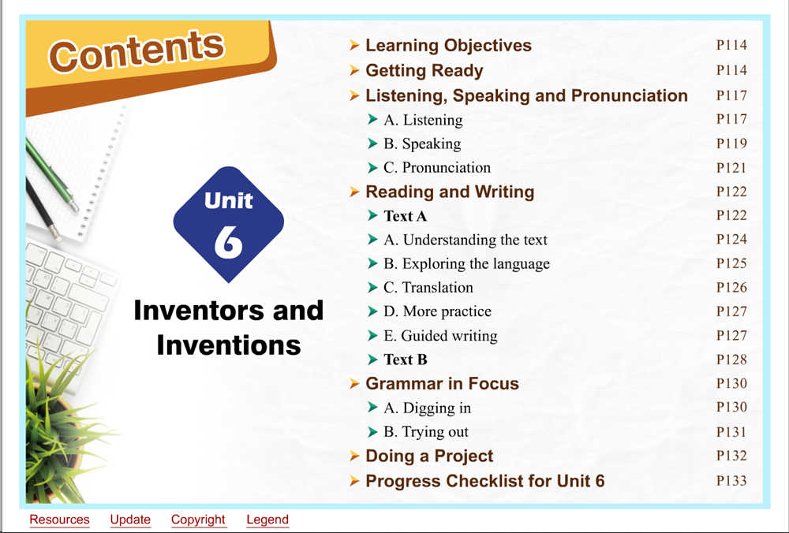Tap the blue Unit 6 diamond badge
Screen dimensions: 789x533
tap(229, 224)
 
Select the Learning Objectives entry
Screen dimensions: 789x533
tap(448, 45)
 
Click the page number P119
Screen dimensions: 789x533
tap(731, 143)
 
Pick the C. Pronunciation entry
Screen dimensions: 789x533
tap(437, 167)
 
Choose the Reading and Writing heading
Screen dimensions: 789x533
tap(450, 192)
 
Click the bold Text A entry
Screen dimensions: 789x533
tap(405, 216)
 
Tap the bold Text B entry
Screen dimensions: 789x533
tap(406, 360)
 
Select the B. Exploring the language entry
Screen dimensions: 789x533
tap(466, 264)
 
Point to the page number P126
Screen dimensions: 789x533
tap(731, 288)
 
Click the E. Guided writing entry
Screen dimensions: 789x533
tap(440, 336)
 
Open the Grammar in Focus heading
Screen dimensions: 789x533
tap(442, 384)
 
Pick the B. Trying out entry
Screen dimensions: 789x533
tap(426, 432)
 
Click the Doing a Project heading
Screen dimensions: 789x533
tap(429, 456)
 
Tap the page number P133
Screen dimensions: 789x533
tap(731, 481)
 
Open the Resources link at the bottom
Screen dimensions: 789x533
tap(59, 520)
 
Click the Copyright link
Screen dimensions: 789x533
tap(198, 520)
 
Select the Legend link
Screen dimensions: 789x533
tap(267, 520)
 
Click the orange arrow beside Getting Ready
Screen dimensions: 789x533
tap(354, 70)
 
